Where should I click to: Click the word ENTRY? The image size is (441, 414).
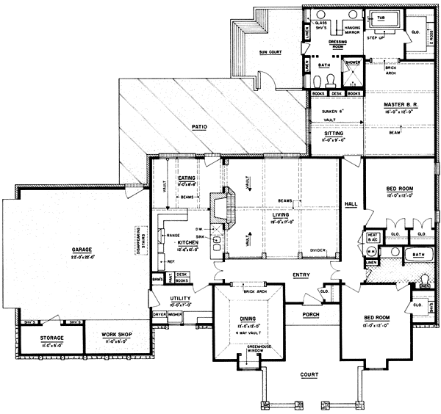(302, 276)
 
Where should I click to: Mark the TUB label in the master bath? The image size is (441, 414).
(381, 16)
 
